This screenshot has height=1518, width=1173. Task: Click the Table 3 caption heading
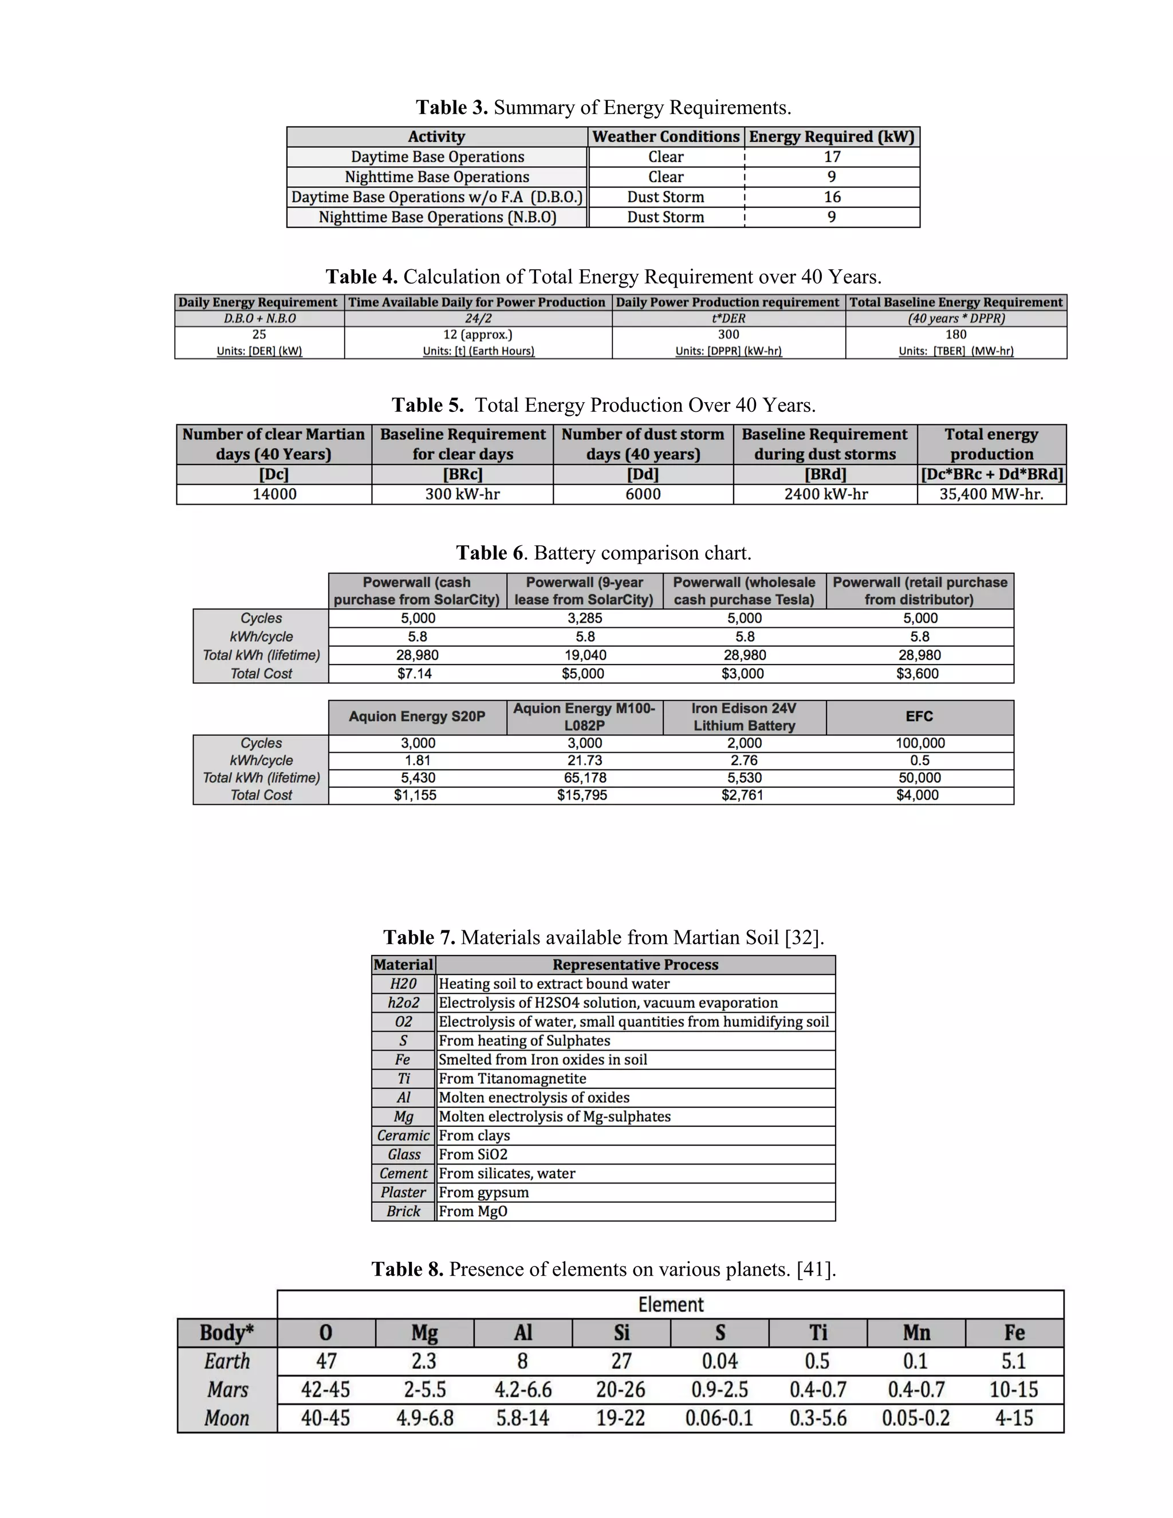(603, 108)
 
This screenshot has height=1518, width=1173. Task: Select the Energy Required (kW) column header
(832, 137)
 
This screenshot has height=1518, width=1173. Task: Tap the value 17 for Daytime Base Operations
(832, 157)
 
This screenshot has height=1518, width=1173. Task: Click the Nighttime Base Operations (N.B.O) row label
(437, 218)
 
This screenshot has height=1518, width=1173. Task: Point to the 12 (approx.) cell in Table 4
(478, 335)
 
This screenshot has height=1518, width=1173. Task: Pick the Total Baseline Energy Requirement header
(955, 302)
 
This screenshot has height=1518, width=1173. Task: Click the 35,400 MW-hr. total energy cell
(991, 494)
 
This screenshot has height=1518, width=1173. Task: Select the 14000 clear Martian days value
(274, 494)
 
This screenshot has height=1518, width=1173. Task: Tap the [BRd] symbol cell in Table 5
(825, 474)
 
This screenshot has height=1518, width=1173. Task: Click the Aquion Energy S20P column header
(417, 717)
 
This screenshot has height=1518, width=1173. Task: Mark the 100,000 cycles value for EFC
(919, 743)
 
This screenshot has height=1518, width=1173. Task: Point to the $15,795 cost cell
(582, 795)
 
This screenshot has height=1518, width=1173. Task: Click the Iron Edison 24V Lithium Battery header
(744, 717)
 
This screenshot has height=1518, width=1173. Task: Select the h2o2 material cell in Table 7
(404, 1003)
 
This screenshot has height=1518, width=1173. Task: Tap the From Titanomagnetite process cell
(512, 1079)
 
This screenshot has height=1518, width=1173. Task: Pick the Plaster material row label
(404, 1193)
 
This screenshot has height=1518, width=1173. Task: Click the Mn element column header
(916, 1332)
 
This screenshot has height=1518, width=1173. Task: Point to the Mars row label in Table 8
(227, 1390)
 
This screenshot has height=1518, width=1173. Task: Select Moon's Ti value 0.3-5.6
(818, 1418)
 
